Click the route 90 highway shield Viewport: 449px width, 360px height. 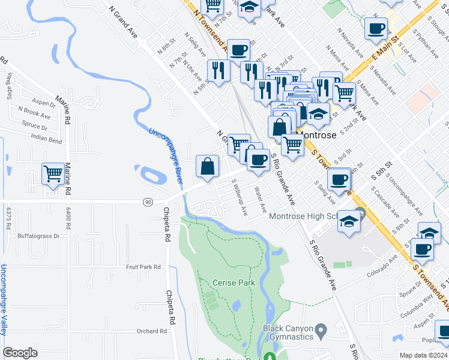[x=147, y=202]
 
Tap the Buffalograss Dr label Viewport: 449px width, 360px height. [x=39, y=236]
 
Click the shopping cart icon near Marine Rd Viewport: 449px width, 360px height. [x=53, y=175]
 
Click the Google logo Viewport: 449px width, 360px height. [x=20, y=352]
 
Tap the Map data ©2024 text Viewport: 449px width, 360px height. [x=423, y=355]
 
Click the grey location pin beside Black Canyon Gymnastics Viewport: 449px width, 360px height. [x=321, y=329]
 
